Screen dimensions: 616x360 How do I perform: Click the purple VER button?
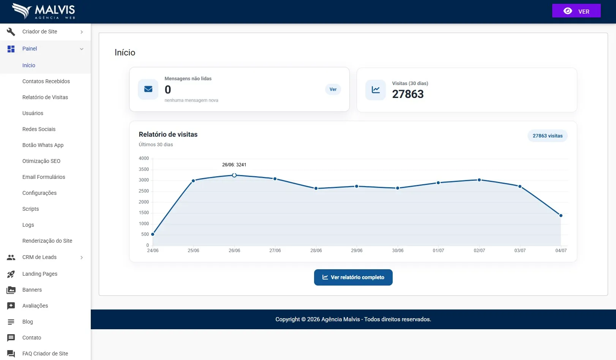[x=576, y=11]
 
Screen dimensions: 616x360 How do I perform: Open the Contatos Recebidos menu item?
[x=46, y=81]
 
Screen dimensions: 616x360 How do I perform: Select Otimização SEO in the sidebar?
[x=41, y=161]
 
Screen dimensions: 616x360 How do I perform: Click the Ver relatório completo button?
[x=353, y=277]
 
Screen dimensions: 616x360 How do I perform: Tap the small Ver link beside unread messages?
[x=333, y=89]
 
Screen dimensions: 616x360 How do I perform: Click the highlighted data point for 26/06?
[x=234, y=175]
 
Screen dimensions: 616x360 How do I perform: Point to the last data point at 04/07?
[x=561, y=216]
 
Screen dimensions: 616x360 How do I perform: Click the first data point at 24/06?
[x=153, y=234]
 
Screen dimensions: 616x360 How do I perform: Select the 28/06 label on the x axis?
[x=316, y=251]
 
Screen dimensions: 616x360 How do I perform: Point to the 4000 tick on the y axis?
[x=144, y=158]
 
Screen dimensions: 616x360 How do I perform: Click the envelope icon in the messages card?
[x=148, y=89]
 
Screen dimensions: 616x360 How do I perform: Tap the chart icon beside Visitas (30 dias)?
[x=376, y=90]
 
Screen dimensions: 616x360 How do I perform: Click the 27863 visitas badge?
[x=547, y=136]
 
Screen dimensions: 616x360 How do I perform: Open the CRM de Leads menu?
[x=39, y=257]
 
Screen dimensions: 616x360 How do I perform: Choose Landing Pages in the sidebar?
[x=40, y=274]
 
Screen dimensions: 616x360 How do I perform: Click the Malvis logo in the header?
[x=43, y=11]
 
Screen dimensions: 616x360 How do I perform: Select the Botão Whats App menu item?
[x=43, y=145]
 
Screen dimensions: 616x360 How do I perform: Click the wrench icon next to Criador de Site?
[x=11, y=32]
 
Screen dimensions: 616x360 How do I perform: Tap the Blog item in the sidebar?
[x=27, y=322]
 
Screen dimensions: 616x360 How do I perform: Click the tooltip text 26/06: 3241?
[x=234, y=165]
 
